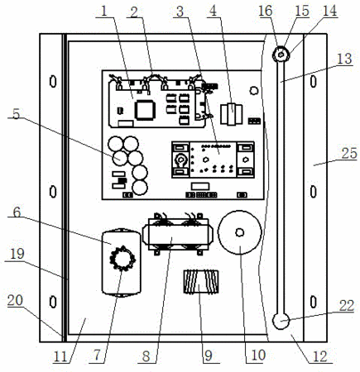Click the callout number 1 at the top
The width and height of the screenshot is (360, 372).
103,12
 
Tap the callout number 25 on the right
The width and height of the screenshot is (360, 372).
349,154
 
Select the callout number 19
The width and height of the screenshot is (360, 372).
17,254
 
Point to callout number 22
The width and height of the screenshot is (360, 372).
347,306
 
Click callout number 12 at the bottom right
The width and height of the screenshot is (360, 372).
320,356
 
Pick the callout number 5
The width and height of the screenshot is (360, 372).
17,114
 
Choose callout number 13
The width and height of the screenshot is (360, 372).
344,59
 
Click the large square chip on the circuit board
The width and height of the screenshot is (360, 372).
145,110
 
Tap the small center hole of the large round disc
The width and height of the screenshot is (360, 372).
239,232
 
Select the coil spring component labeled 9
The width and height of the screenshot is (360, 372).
201,282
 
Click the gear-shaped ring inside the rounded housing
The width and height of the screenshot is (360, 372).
122,258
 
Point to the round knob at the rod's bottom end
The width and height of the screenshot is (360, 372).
281,322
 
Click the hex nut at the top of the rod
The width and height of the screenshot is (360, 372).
281,55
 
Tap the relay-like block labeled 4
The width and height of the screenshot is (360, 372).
231,114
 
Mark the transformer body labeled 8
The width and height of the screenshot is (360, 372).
178,234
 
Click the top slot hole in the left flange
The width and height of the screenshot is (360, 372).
53,81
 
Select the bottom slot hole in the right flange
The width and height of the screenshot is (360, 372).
313,302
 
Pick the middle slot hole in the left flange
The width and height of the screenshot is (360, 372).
53,192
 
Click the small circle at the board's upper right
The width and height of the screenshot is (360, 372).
253,90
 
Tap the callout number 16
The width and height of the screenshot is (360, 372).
266,12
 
